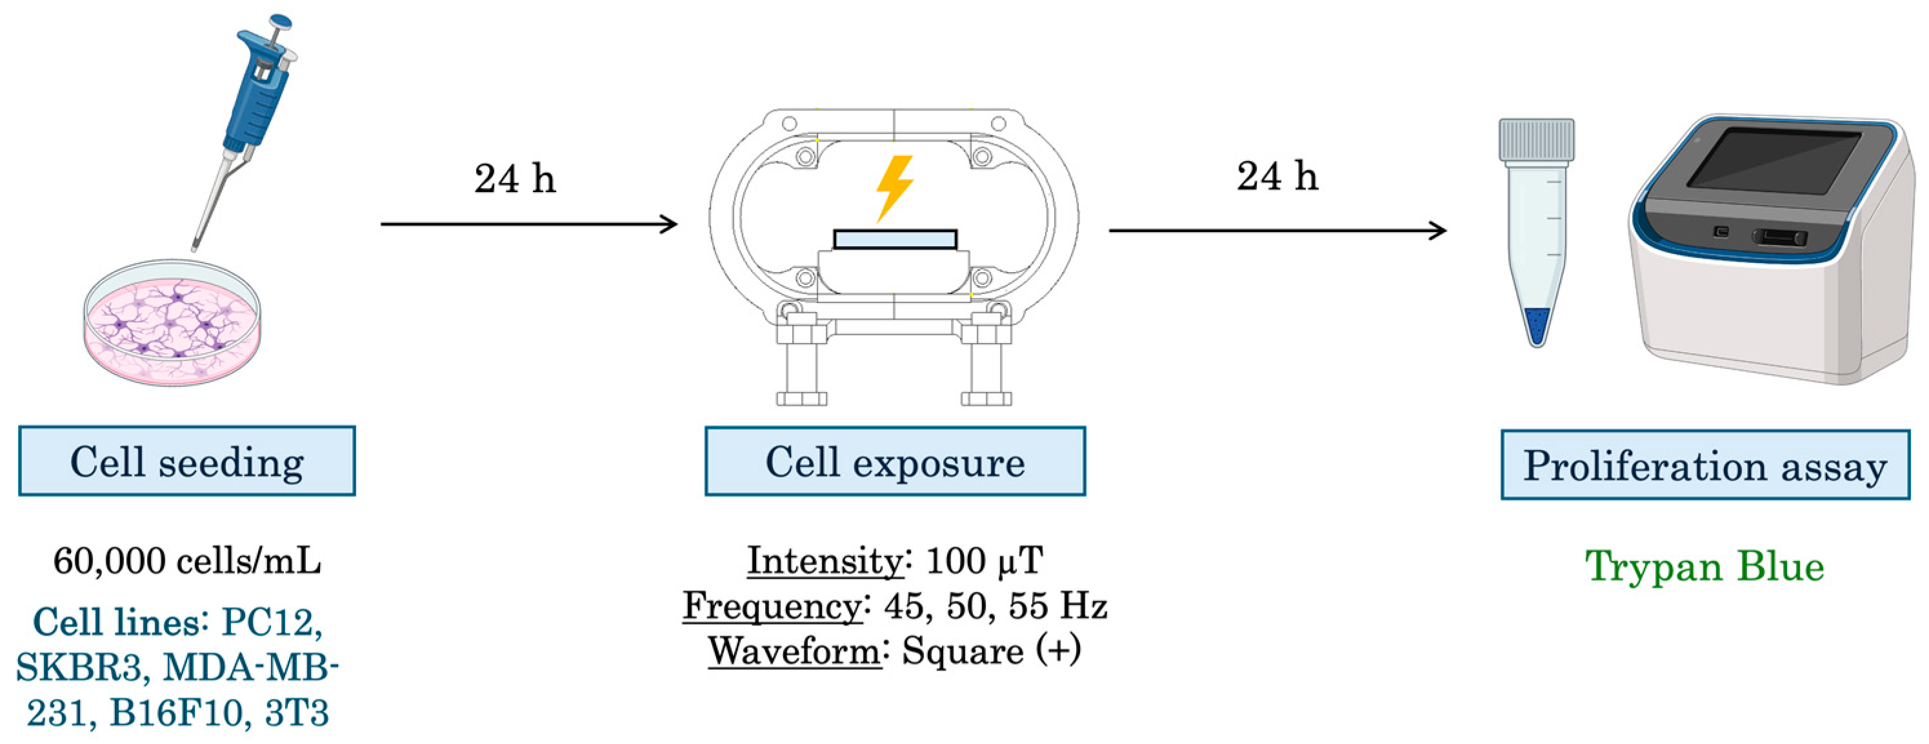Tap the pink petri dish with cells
[172, 322]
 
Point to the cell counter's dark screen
[1775, 168]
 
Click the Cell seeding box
[186, 461]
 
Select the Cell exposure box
[895, 461]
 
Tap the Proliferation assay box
[1705, 465]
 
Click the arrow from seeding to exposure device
[528, 224]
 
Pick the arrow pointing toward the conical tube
[1277, 231]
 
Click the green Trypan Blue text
[1704, 567]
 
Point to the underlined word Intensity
[825, 561]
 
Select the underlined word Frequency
[772, 605]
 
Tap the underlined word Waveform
[795, 651]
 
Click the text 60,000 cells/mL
[187, 561]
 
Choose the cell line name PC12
[272, 622]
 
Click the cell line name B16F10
[177, 713]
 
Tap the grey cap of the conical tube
[1536, 140]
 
